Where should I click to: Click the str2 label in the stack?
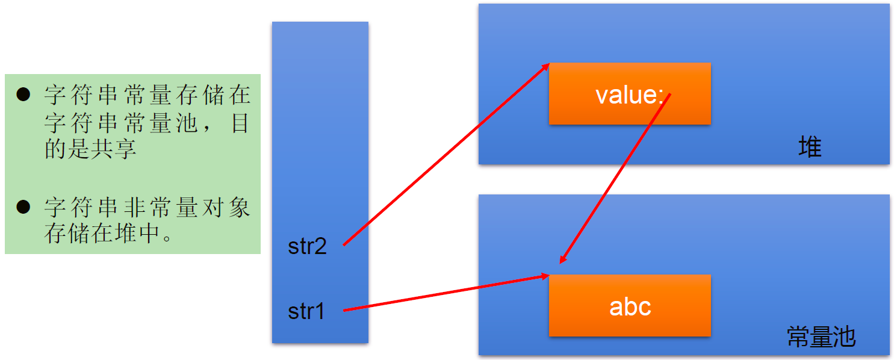pyautogui.click(x=307, y=247)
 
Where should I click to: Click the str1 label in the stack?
pyautogui.click(x=306, y=311)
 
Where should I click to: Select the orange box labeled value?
pyautogui.click(x=630, y=94)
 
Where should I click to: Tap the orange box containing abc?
pyautogui.click(x=630, y=306)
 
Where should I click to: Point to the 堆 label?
pyautogui.click(x=810, y=147)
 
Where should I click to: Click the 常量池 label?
pyautogui.click(x=821, y=337)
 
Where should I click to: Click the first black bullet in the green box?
pyautogui.click(x=23, y=95)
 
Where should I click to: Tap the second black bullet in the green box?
pyautogui.click(x=23, y=208)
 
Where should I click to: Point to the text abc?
pyautogui.click(x=630, y=307)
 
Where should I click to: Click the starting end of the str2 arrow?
pyautogui.click(x=344, y=244)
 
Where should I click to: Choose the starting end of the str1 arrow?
pyautogui.click(x=344, y=310)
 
